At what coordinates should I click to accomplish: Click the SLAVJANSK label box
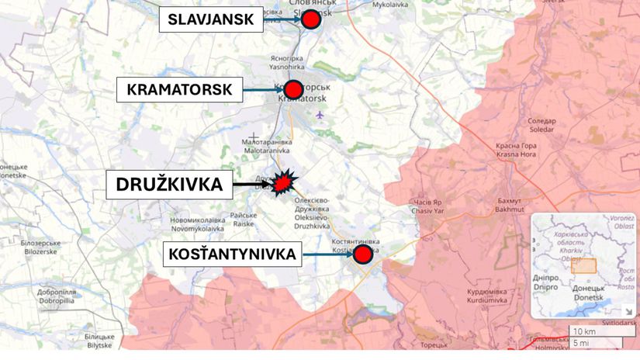click(x=210, y=20)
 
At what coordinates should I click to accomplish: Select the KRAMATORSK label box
click(x=179, y=90)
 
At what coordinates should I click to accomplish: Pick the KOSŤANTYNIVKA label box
click(x=232, y=254)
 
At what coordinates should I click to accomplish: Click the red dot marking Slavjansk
click(x=311, y=20)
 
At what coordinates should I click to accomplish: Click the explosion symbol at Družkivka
click(x=285, y=183)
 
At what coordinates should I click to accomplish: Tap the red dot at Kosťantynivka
click(x=362, y=254)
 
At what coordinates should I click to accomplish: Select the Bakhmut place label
click(x=509, y=206)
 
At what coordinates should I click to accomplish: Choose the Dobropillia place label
click(x=56, y=295)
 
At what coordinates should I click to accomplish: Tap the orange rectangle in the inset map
click(x=583, y=265)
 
